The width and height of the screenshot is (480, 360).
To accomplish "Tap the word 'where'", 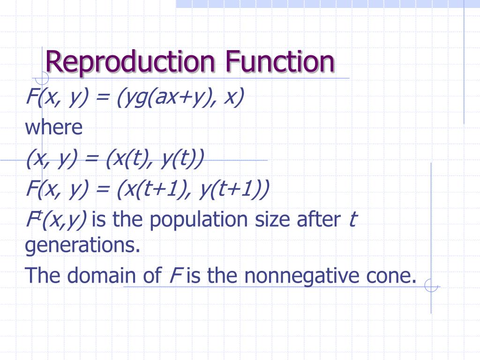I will (53, 127).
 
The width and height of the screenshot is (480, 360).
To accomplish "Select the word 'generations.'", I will (82, 246).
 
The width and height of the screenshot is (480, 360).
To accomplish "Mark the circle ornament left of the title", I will (42, 78).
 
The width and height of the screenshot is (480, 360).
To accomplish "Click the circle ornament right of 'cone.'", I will (430, 285).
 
